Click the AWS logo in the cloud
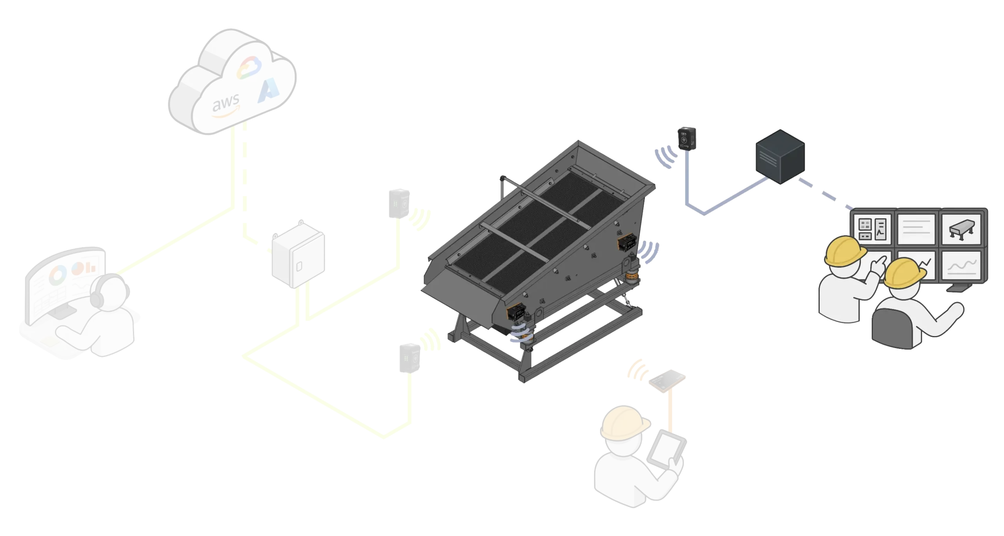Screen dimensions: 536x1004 pyautogui.click(x=226, y=107)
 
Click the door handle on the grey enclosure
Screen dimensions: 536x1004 pyautogui.click(x=299, y=265)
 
